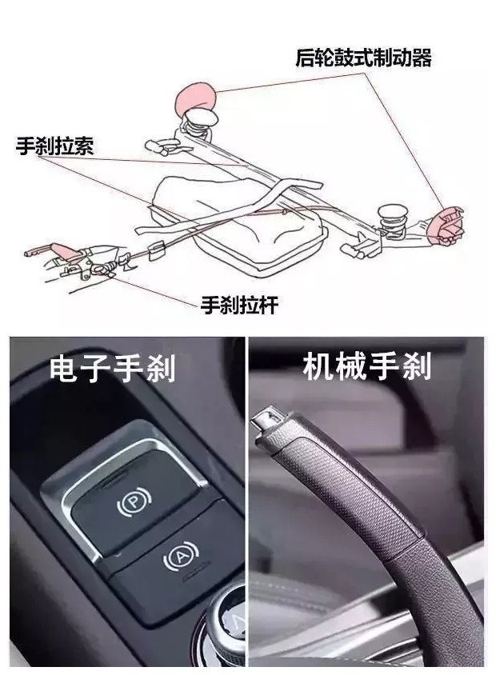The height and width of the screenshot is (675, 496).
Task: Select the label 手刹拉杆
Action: tap(239, 306)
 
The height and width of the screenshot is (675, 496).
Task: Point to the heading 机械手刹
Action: tap(367, 367)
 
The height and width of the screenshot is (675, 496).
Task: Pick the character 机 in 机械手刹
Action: tap(319, 367)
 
